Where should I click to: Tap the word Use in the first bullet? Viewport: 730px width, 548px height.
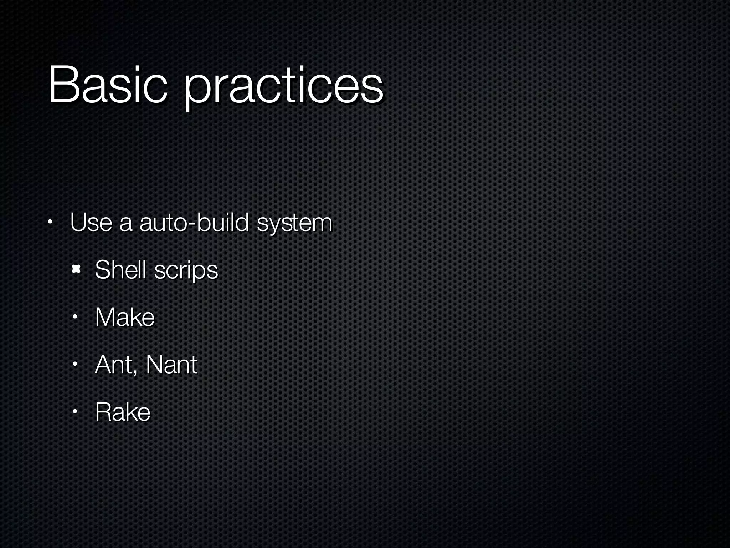click(x=91, y=223)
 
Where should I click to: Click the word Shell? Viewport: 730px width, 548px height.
click(x=120, y=270)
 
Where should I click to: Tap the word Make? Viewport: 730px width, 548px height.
click(x=125, y=317)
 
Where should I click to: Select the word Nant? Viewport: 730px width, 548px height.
click(x=171, y=365)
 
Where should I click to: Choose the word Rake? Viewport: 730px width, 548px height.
click(x=123, y=412)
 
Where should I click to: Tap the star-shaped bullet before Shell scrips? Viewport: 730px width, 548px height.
click(x=76, y=270)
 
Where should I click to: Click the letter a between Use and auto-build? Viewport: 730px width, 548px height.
click(x=125, y=225)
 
